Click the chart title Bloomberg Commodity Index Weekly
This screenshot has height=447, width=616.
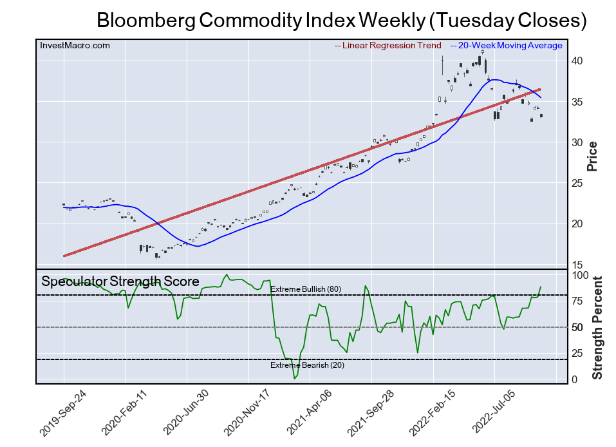341,20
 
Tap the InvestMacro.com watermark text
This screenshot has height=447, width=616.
75,46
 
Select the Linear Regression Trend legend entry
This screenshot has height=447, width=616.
388,46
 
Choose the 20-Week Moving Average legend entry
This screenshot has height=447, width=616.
506,46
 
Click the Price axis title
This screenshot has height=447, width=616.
593,156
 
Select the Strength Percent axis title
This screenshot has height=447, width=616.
597,327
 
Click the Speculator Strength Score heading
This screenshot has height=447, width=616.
120,281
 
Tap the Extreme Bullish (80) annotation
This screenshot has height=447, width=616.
305,289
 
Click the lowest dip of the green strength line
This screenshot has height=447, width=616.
295,378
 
